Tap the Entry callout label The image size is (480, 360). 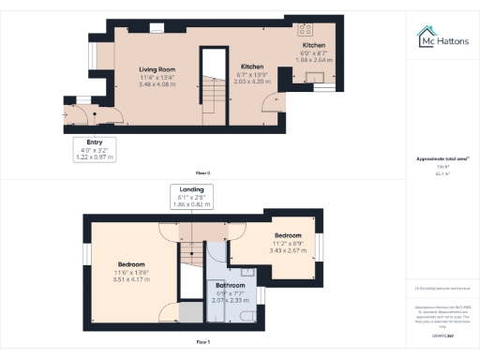pyautogui.click(x=94, y=143)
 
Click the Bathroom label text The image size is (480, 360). pyautogui.click(x=230, y=285)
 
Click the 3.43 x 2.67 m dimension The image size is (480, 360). pyautogui.click(x=288, y=250)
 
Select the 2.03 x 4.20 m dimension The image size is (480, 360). pyautogui.click(x=253, y=82)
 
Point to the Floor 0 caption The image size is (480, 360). pyautogui.click(x=202, y=173)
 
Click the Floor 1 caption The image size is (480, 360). pyautogui.click(x=202, y=342)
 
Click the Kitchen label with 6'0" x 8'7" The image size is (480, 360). pyautogui.click(x=313, y=45)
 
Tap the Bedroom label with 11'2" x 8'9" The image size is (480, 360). pyautogui.click(x=288, y=234)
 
